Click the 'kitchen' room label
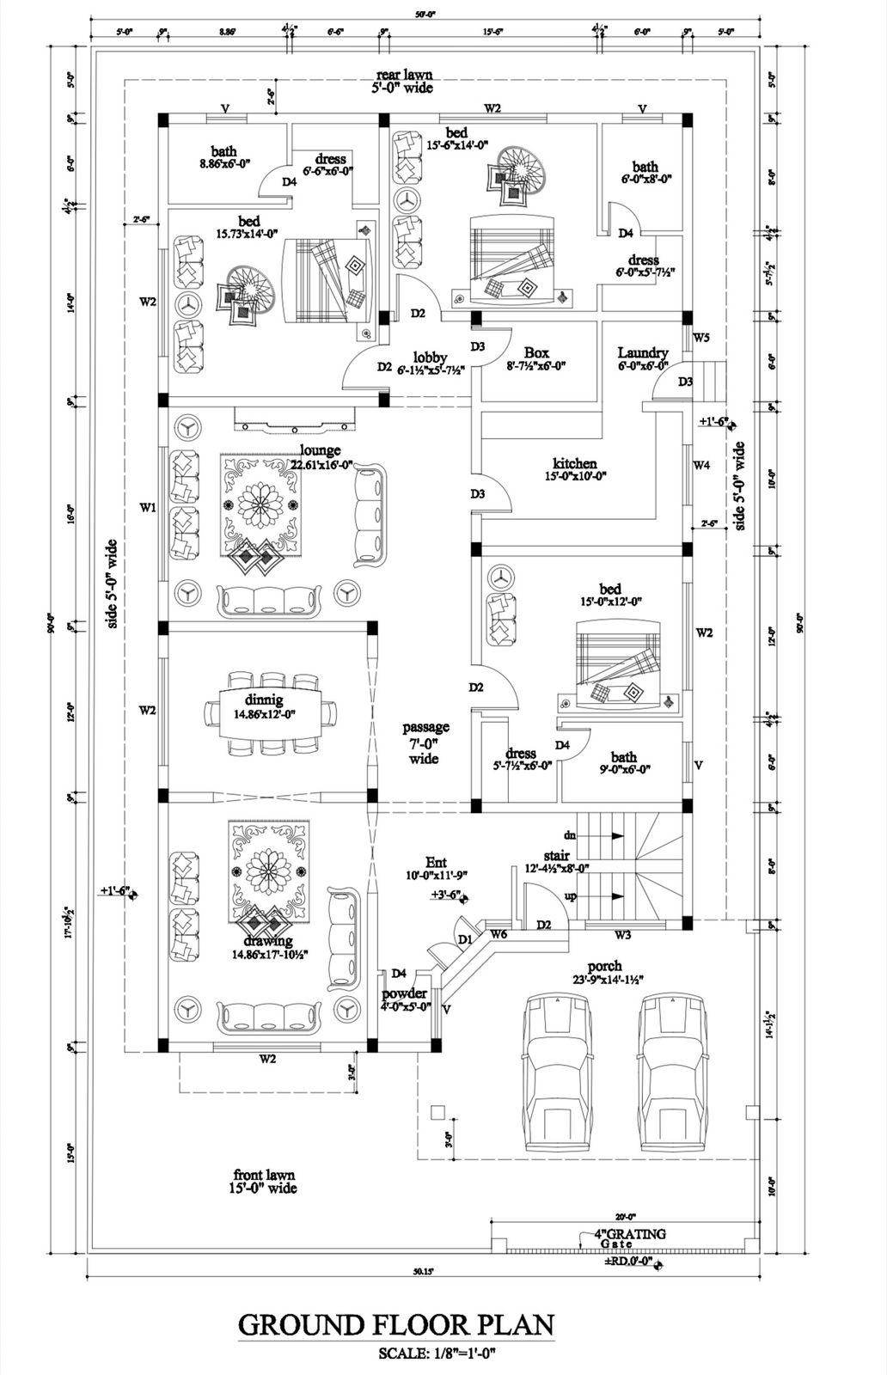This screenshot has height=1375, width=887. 575,464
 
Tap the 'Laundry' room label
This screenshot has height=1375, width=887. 642,352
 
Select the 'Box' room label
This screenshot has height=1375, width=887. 536,352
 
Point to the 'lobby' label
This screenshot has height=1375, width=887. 430,357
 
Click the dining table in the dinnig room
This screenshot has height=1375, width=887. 270,713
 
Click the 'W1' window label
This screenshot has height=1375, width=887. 148,508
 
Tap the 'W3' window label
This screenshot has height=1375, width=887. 623,935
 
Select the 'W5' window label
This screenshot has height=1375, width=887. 701,337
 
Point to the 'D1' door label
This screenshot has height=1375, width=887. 465,940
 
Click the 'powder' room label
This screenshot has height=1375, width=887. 404,994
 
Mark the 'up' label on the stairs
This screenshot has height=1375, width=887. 569,896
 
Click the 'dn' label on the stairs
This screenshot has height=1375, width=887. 569,834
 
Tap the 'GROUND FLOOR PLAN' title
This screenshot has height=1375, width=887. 395,1324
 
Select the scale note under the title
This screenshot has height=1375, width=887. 438,1354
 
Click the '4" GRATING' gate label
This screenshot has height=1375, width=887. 630,1234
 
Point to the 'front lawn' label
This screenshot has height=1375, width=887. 264,1175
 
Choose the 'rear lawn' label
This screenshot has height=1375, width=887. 403,76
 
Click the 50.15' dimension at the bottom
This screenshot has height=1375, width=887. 421,1270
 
